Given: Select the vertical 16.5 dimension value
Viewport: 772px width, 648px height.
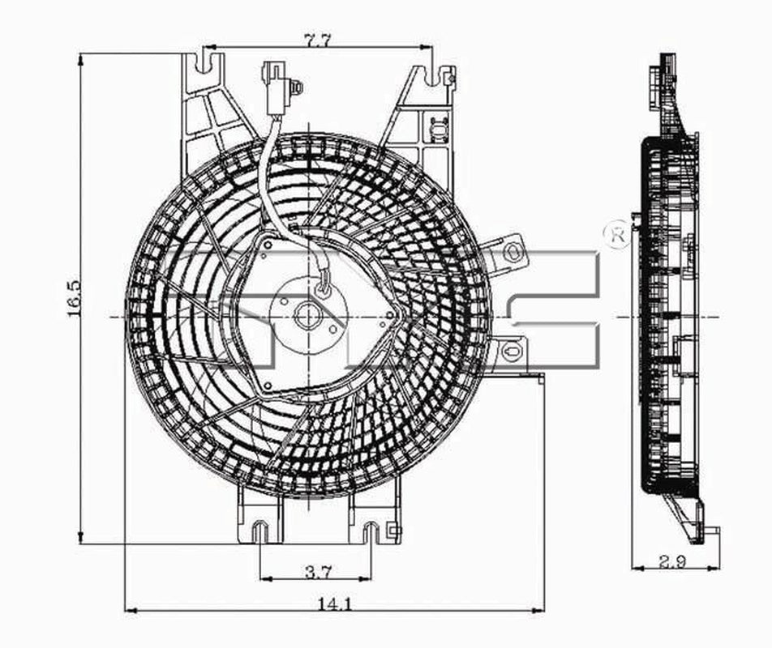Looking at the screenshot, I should point(74,298).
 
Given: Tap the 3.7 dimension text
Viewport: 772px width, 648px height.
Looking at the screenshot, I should point(317,573).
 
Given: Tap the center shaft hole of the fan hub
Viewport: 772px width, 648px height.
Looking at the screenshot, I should point(307,315).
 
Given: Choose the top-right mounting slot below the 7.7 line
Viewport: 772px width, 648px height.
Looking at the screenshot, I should point(427,76).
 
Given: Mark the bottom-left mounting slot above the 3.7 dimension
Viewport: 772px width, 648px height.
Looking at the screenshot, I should point(259,533).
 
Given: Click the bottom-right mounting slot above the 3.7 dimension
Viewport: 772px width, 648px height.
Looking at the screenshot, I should point(371,533).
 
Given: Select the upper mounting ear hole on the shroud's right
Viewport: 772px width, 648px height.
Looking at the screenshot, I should point(511,250).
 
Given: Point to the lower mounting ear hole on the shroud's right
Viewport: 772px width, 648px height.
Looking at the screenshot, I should point(510,351).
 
